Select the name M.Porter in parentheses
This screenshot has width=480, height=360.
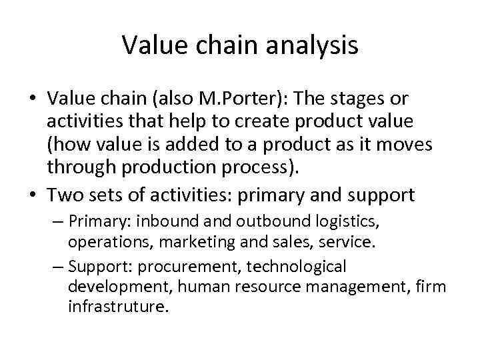tap(244, 99)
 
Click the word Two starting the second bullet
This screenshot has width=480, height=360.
tap(67, 195)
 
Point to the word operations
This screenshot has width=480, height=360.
tap(103, 242)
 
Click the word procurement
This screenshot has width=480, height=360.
tap(198, 267)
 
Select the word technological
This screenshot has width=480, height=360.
tap(297, 267)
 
